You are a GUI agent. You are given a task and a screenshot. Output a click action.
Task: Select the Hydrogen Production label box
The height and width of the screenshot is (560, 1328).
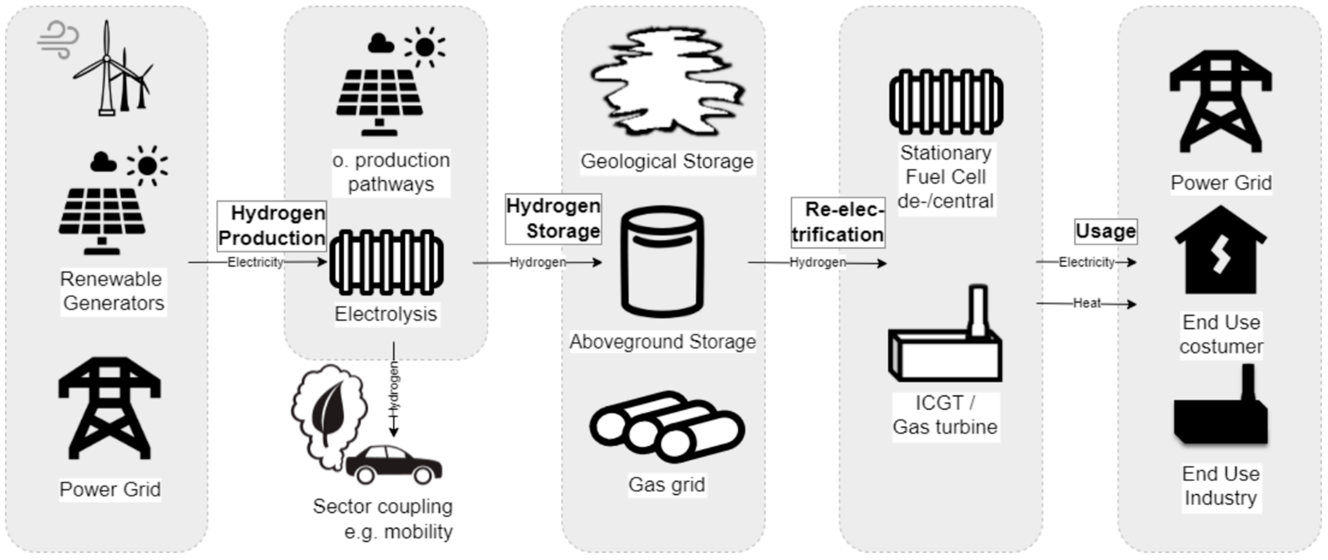[x=272, y=225]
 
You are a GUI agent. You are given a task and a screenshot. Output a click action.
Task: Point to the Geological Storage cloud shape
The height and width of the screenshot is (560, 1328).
[x=667, y=83]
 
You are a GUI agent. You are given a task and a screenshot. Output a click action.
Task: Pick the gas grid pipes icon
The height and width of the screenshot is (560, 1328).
[x=667, y=427]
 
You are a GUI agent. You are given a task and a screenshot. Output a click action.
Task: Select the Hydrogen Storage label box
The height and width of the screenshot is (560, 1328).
[x=553, y=219]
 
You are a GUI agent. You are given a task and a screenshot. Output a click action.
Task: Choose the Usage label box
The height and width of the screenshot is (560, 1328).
[x=1106, y=231]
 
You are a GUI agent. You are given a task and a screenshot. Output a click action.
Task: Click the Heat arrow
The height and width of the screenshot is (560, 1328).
[x=1086, y=303]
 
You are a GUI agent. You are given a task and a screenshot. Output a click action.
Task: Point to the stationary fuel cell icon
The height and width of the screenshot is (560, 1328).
[x=946, y=101]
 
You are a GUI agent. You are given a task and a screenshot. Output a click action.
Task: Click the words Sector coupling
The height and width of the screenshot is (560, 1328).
[x=383, y=506]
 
